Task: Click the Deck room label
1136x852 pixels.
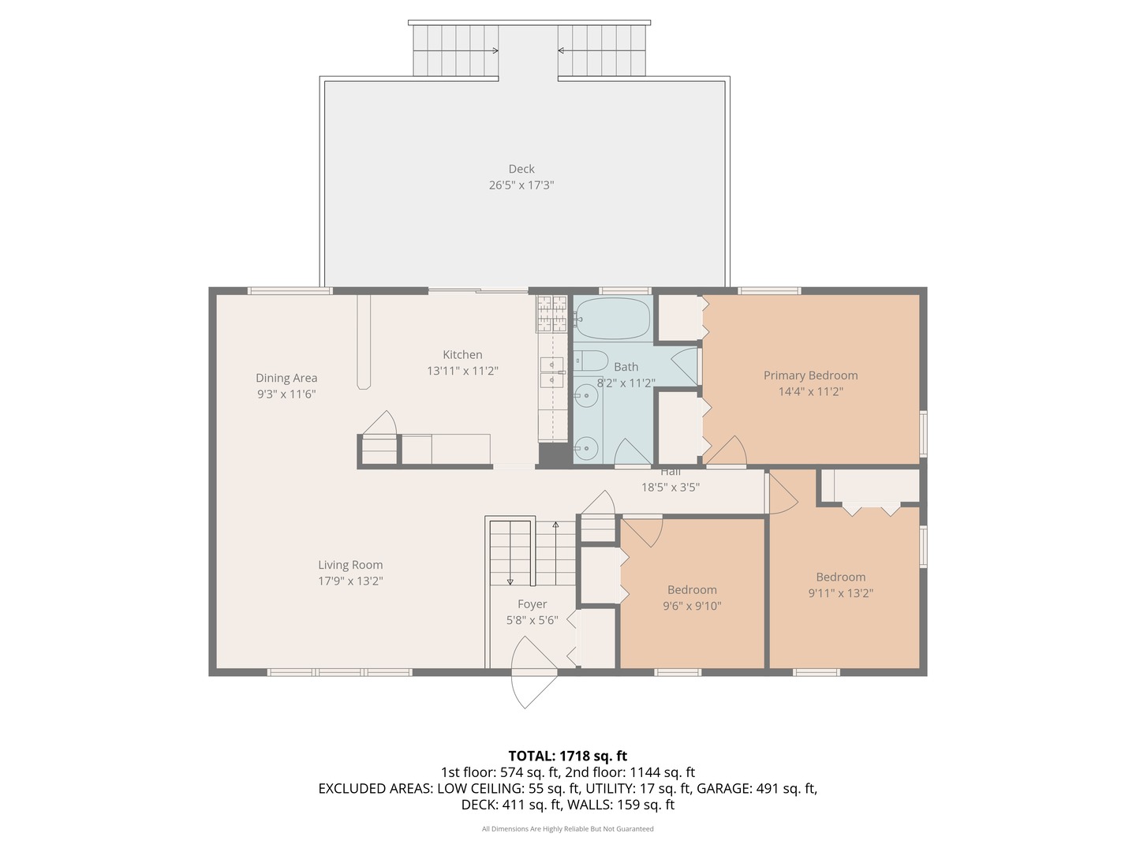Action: (521, 169)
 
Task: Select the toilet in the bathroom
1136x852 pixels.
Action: (591, 361)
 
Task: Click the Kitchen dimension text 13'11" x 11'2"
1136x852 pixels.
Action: (462, 371)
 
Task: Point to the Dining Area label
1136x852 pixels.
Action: (286, 378)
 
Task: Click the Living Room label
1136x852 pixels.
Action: (350, 564)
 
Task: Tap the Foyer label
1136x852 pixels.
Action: (532, 603)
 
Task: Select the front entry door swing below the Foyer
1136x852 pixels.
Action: (533, 672)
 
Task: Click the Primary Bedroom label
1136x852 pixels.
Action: (810, 375)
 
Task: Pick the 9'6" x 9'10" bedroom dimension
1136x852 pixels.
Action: (692, 605)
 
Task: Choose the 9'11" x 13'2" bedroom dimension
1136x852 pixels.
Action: (840, 592)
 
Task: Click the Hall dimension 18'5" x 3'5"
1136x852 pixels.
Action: (671, 487)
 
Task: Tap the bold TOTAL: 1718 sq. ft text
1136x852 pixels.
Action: (567, 756)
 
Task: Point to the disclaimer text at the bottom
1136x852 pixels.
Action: (567, 828)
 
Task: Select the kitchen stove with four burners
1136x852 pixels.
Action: (552, 313)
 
